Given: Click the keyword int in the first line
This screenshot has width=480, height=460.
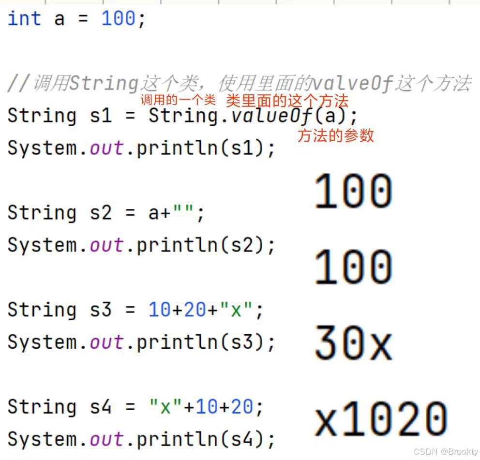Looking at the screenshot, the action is coord(24,19).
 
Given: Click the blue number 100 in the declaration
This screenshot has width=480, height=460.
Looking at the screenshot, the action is coord(119,19).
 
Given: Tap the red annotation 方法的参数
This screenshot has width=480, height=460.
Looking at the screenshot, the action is coord(336,136).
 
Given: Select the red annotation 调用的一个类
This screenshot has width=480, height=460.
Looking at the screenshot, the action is coord(178,101).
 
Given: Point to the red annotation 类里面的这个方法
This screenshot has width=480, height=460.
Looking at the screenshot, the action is coord(287,101).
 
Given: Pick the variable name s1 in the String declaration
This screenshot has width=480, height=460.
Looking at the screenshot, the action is coord(101,116).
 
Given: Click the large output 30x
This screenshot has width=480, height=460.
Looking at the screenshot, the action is coord(353,343).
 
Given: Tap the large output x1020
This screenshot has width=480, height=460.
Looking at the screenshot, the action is coord(380,419).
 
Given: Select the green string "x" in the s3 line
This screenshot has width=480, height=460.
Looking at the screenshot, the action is coord(236,310).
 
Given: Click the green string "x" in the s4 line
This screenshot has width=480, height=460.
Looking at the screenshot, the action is coord(165,407).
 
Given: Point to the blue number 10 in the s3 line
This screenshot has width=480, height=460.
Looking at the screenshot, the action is coord(159,310).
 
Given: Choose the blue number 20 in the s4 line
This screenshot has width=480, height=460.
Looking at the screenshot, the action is coord(242,407).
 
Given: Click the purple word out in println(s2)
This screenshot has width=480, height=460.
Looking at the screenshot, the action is coord(107,245).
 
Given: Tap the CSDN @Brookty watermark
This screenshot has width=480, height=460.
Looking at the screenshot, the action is coord(446,451).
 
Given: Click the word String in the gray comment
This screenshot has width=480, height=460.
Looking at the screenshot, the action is coord(103,84).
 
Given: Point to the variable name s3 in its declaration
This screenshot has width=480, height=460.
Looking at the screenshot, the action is coord(101,310).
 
